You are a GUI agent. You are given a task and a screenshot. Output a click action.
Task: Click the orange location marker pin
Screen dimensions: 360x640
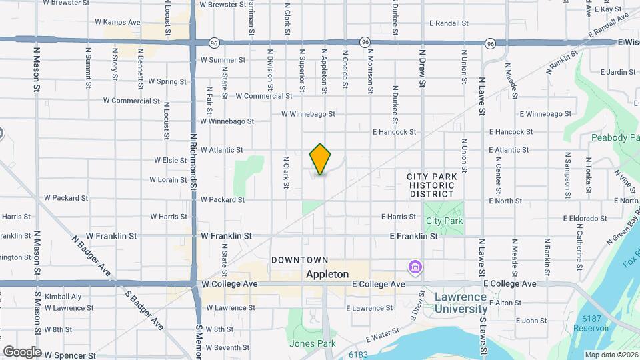click(321, 159)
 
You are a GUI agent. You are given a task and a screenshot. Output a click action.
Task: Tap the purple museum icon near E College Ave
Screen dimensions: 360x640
click(415, 267)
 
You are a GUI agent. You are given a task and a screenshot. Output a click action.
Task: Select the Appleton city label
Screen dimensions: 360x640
click(327, 274)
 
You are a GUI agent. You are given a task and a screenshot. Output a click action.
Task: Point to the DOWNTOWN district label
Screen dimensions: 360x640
click(299, 259)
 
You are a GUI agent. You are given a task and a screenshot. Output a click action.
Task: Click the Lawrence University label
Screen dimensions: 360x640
click(461, 303)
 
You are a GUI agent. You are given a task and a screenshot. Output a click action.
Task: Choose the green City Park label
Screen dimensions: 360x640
click(444, 221)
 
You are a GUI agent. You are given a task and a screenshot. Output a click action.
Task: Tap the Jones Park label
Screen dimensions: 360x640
click(307, 344)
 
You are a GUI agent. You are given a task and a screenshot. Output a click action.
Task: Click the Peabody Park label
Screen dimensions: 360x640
click(615, 137)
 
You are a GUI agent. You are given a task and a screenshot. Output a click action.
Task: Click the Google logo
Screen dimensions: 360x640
click(21, 351)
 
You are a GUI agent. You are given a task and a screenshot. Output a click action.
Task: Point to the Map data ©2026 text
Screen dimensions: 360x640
click(610, 355)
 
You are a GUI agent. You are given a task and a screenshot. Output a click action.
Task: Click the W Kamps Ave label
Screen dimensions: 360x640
click(121, 22)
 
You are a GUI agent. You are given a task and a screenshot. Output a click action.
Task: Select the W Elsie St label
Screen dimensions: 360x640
click(170, 160)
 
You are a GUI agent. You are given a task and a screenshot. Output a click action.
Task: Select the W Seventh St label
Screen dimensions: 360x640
click(227, 347)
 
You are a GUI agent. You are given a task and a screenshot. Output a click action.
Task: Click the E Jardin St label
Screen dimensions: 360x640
click(617, 72)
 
